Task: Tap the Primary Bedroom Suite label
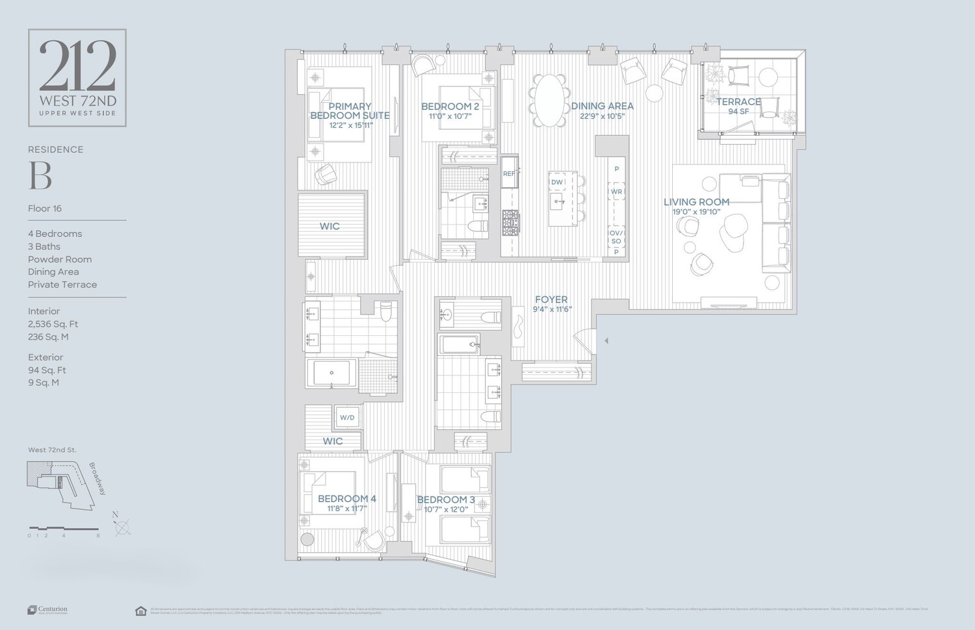[x=350, y=111]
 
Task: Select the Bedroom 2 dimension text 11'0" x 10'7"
[x=450, y=117]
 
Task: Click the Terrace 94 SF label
[x=738, y=106]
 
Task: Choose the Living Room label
[x=696, y=202]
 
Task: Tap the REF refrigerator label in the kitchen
[x=508, y=174]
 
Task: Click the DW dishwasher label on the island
[x=556, y=183]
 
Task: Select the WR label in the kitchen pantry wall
[x=616, y=192]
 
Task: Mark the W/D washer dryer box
[x=347, y=418]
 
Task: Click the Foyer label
[x=551, y=299]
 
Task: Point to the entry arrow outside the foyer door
[x=606, y=340]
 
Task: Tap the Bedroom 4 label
[x=346, y=499]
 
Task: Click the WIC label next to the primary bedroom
[x=330, y=226]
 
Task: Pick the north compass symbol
[x=122, y=527]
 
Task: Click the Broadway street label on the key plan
[x=97, y=479]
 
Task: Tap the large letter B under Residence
[x=40, y=175]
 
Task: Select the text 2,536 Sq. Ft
[x=53, y=324]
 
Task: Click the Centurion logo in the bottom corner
[x=47, y=610]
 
